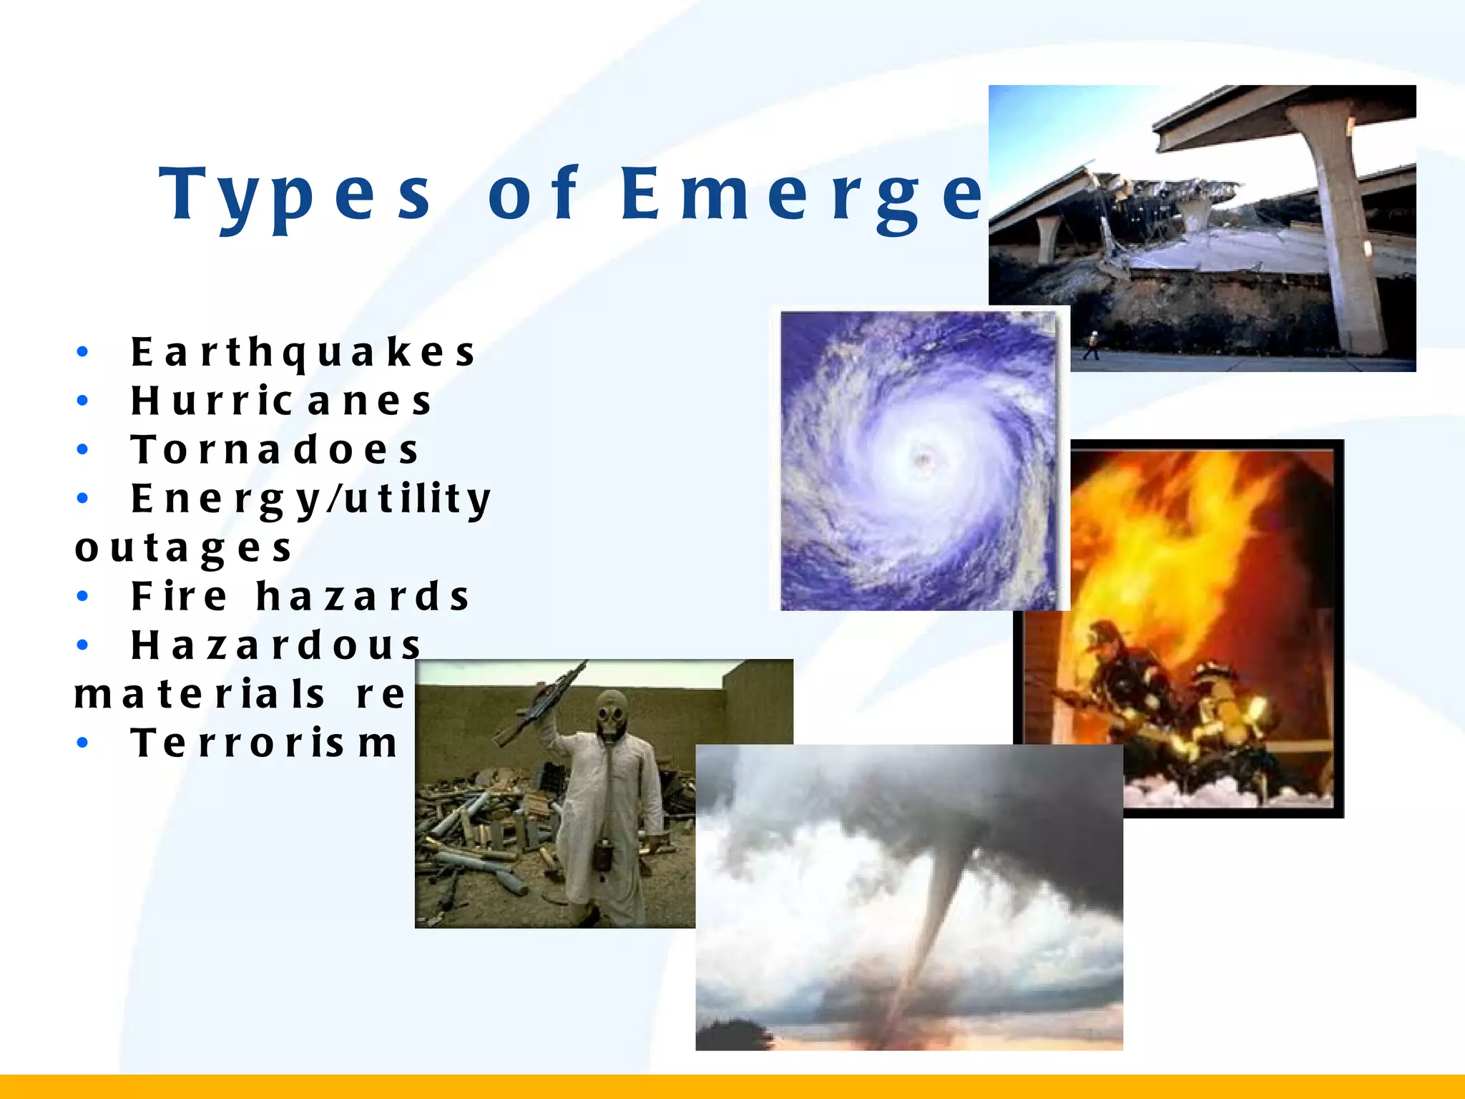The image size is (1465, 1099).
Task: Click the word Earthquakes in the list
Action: point(303,352)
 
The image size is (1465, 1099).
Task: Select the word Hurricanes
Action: point(281,401)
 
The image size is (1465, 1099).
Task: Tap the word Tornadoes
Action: point(275,449)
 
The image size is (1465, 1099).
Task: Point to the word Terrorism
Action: point(264,743)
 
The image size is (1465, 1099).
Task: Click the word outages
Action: point(184,548)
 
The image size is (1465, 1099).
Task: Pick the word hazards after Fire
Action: point(363,596)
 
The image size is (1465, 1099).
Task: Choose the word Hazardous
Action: point(276,645)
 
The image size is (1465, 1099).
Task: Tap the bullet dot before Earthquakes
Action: point(83,352)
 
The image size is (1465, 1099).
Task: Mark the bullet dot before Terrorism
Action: point(83,743)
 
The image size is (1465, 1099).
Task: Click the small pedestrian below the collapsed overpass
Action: point(1092,345)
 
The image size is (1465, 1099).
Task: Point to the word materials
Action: point(200,694)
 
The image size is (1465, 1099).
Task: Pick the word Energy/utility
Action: point(311,499)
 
